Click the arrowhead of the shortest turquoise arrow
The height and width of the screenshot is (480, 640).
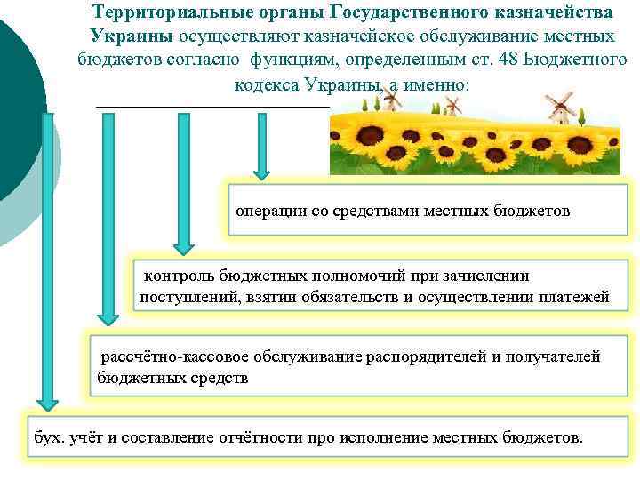click(x=260, y=169)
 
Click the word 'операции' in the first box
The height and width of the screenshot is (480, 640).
click(x=266, y=212)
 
